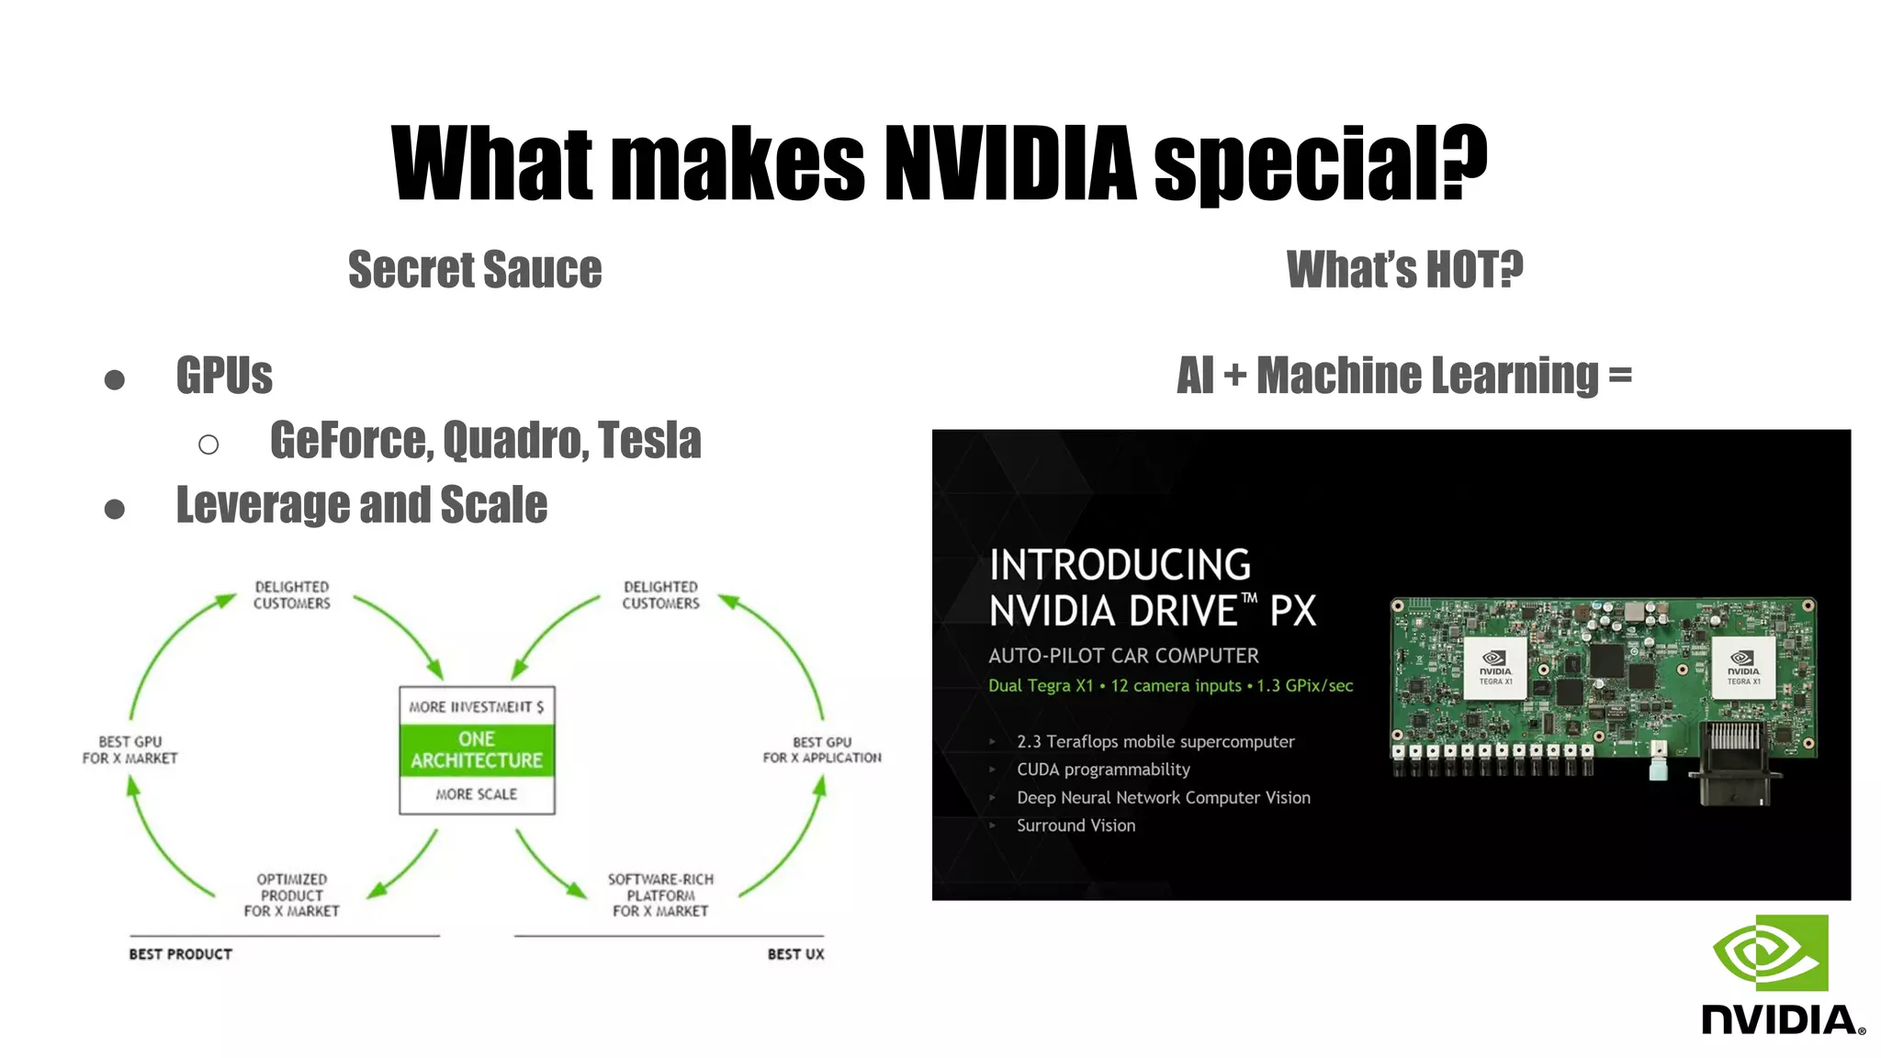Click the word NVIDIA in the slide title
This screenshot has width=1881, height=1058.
click(x=1010, y=163)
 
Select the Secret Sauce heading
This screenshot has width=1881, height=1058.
click(x=475, y=270)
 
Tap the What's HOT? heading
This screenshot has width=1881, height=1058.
click(x=1404, y=270)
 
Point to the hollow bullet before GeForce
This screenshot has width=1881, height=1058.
click(x=208, y=445)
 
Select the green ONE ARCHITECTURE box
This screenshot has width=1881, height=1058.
click(x=477, y=750)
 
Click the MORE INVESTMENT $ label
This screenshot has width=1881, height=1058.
click(x=477, y=706)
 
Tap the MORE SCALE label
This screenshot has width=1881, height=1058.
click(x=477, y=794)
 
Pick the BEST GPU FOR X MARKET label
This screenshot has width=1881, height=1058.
click(x=130, y=749)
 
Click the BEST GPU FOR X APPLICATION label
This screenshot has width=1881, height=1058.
click(x=822, y=749)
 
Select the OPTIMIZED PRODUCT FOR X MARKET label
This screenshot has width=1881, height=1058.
click(x=291, y=895)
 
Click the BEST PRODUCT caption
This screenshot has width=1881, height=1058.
click(x=181, y=954)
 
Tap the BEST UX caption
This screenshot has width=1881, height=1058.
click(x=795, y=954)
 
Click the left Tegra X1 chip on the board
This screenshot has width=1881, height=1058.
click(x=1495, y=669)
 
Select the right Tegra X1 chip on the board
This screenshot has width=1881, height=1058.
click(x=1743, y=669)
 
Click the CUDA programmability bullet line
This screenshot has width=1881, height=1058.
click(x=1103, y=770)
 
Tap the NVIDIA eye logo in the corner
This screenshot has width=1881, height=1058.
click(x=1771, y=953)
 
